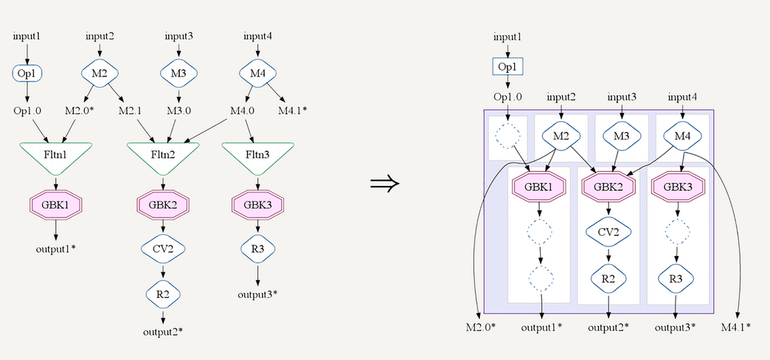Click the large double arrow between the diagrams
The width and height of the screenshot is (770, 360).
tap(384, 183)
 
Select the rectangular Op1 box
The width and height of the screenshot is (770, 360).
tap(507, 66)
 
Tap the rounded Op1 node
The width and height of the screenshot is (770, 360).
tap(27, 74)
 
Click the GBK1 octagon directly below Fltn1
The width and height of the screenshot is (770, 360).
tap(56, 204)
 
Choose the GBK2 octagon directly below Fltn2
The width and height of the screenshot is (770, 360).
tap(163, 204)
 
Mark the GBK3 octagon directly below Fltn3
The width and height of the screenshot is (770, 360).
tap(257, 204)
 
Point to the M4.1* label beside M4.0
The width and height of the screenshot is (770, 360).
tap(293, 111)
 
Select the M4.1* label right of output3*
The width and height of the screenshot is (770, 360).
tap(735, 326)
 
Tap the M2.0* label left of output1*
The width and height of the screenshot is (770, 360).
tap(481, 326)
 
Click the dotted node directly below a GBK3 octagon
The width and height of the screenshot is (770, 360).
tap(676, 232)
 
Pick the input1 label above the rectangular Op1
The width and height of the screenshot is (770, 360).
tap(507, 36)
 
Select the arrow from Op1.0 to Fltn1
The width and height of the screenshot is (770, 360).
tap(39, 129)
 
